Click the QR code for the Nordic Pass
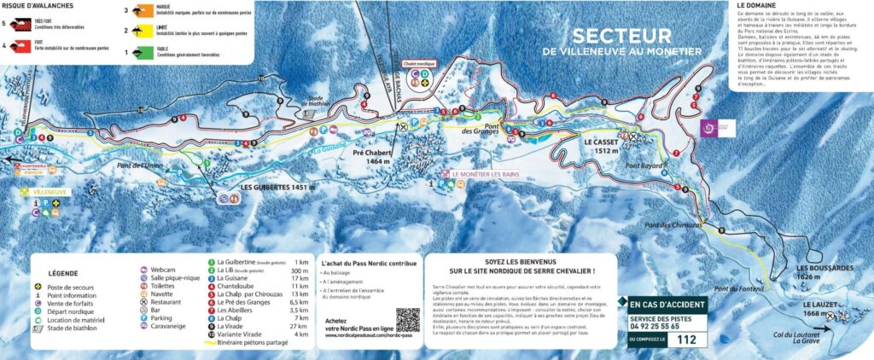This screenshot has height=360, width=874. pos(408,321)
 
